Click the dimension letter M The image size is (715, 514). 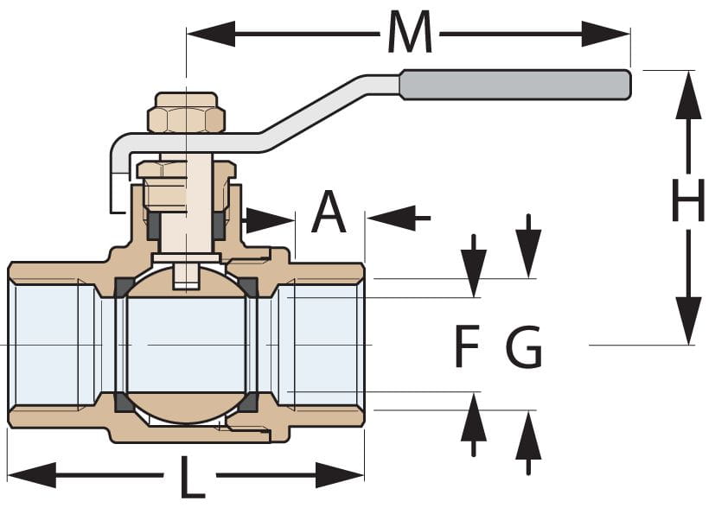409,33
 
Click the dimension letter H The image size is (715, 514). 688,206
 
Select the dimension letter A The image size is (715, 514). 329,213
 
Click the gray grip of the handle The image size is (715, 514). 515,84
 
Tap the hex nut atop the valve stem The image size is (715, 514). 186,113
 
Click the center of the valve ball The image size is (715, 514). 186,345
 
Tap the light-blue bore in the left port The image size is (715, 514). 48,345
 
